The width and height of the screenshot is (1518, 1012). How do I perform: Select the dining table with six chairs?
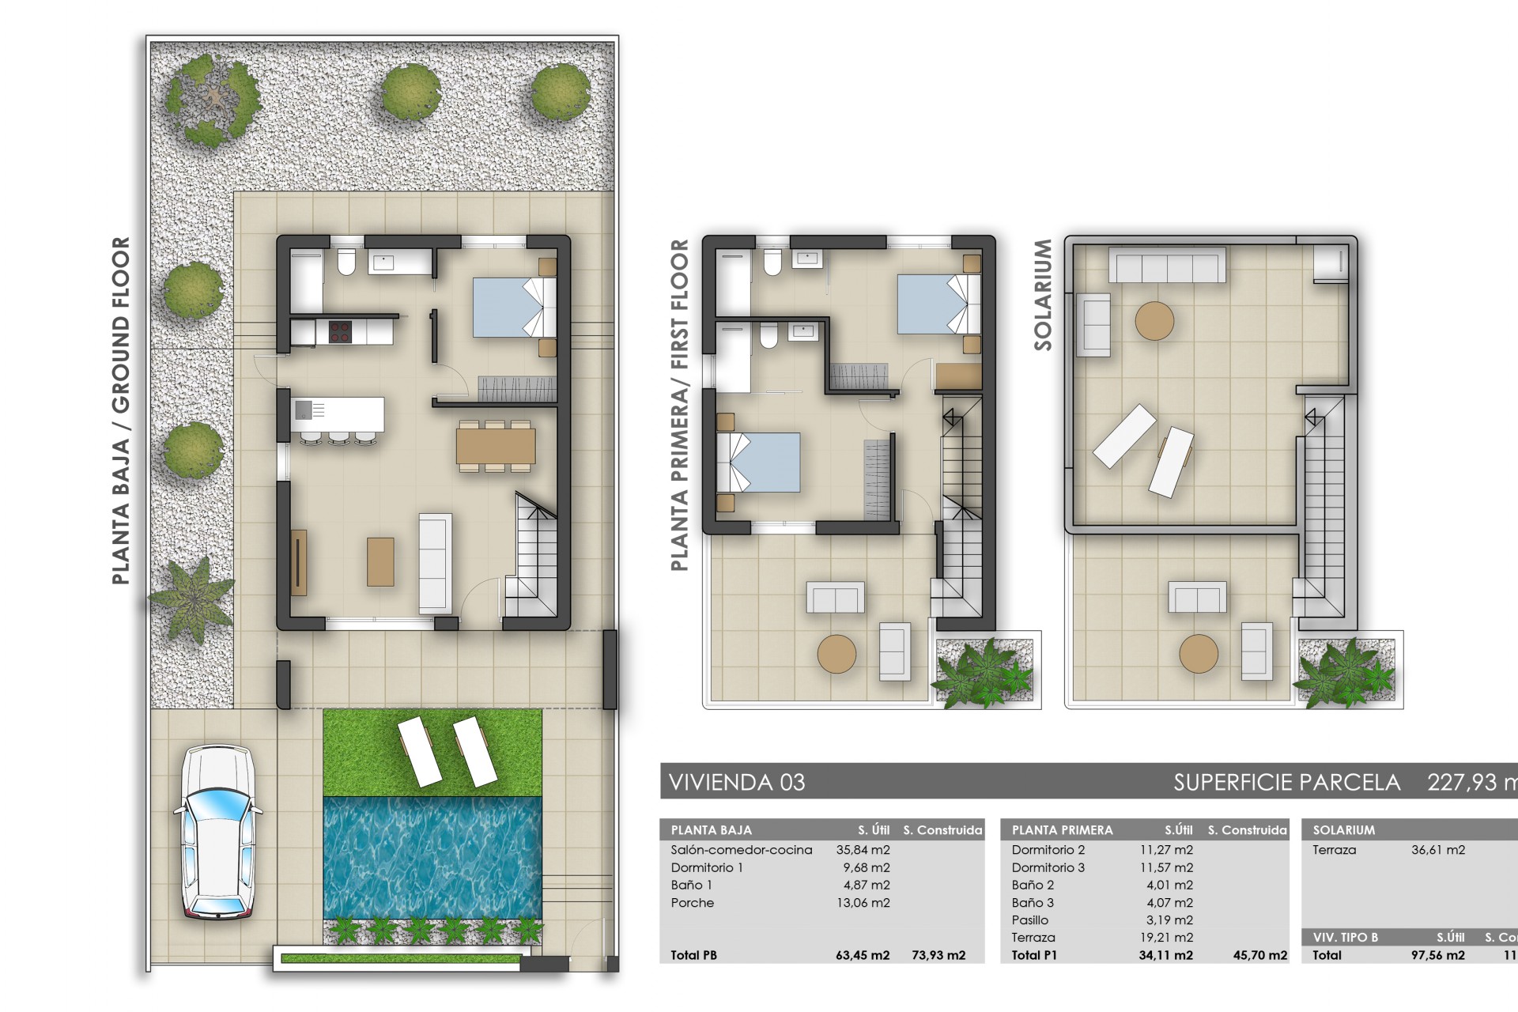(x=496, y=446)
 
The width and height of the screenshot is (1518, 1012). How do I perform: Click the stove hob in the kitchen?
(x=340, y=332)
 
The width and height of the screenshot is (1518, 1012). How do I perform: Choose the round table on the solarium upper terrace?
(x=1154, y=321)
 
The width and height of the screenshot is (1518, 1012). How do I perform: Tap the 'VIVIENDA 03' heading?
(x=737, y=783)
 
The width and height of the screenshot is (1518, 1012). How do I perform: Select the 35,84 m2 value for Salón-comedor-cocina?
(x=863, y=850)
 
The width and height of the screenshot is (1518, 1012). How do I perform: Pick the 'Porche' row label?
(x=693, y=903)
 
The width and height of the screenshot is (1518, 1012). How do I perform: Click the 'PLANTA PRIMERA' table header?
(x=1062, y=830)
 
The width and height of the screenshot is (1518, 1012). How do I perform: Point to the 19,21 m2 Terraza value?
(x=1169, y=938)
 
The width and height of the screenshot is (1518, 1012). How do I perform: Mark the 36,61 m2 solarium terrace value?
(x=1438, y=850)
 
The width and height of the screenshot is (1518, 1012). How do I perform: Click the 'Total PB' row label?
(x=694, y=955)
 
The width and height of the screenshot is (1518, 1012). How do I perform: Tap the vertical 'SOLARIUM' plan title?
(x=1043, y=295)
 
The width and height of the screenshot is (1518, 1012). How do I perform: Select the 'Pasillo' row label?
(x=1030, y=920)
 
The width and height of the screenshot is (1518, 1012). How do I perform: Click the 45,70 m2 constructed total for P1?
(x=1260, y=955)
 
